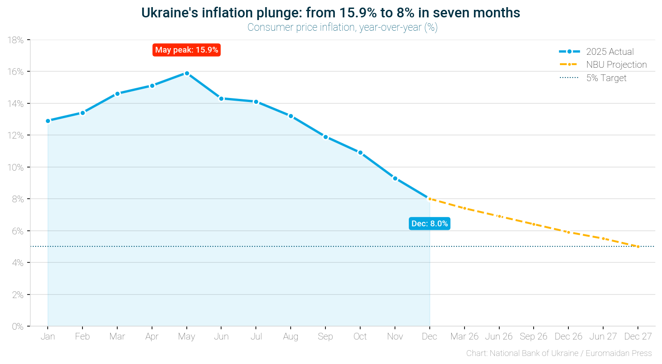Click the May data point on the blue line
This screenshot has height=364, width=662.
click(x=187, y=73)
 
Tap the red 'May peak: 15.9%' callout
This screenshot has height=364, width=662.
click(x=186, y=50)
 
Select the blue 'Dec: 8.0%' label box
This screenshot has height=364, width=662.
click(x=429, y=224)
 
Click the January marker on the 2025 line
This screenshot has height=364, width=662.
click(x=48, y=121)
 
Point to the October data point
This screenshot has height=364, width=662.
click(x=360, y=152)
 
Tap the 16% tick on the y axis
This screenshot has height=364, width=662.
click(x=16, y=72)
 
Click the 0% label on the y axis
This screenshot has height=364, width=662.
click(x=18, y=327)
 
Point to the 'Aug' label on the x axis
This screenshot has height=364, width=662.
click(x=291, y=336)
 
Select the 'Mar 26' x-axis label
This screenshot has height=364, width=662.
click(x=464, y=336)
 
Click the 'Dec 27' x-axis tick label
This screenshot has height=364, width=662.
click(x=638, y=336)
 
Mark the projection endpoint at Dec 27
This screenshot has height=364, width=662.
click(x=638, y=246)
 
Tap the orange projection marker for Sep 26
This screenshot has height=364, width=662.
click(x=534, y=224)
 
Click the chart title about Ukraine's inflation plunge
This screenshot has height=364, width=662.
click(x=330, y=13)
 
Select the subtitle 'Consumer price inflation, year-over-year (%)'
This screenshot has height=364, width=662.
click(x=342, y=28)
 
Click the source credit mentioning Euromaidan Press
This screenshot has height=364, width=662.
click(x=559, y=353)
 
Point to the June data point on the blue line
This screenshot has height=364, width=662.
click(x=221, y=98)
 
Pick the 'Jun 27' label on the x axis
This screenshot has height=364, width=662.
click(x=603, y=336)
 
